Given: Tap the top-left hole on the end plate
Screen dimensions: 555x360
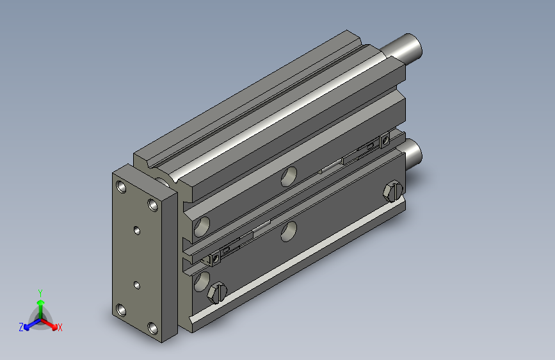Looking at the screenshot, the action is [121, 186].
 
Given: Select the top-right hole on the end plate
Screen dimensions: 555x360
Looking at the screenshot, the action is [153, 204].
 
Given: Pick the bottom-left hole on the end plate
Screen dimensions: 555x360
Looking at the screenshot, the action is [121, 310].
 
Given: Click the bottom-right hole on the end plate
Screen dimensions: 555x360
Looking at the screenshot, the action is [153, 328].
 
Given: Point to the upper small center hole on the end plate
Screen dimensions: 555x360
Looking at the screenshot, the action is [137, 231].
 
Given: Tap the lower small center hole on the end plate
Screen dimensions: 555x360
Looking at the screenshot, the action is [137, 285].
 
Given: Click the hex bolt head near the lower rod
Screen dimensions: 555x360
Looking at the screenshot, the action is [393, 192].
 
